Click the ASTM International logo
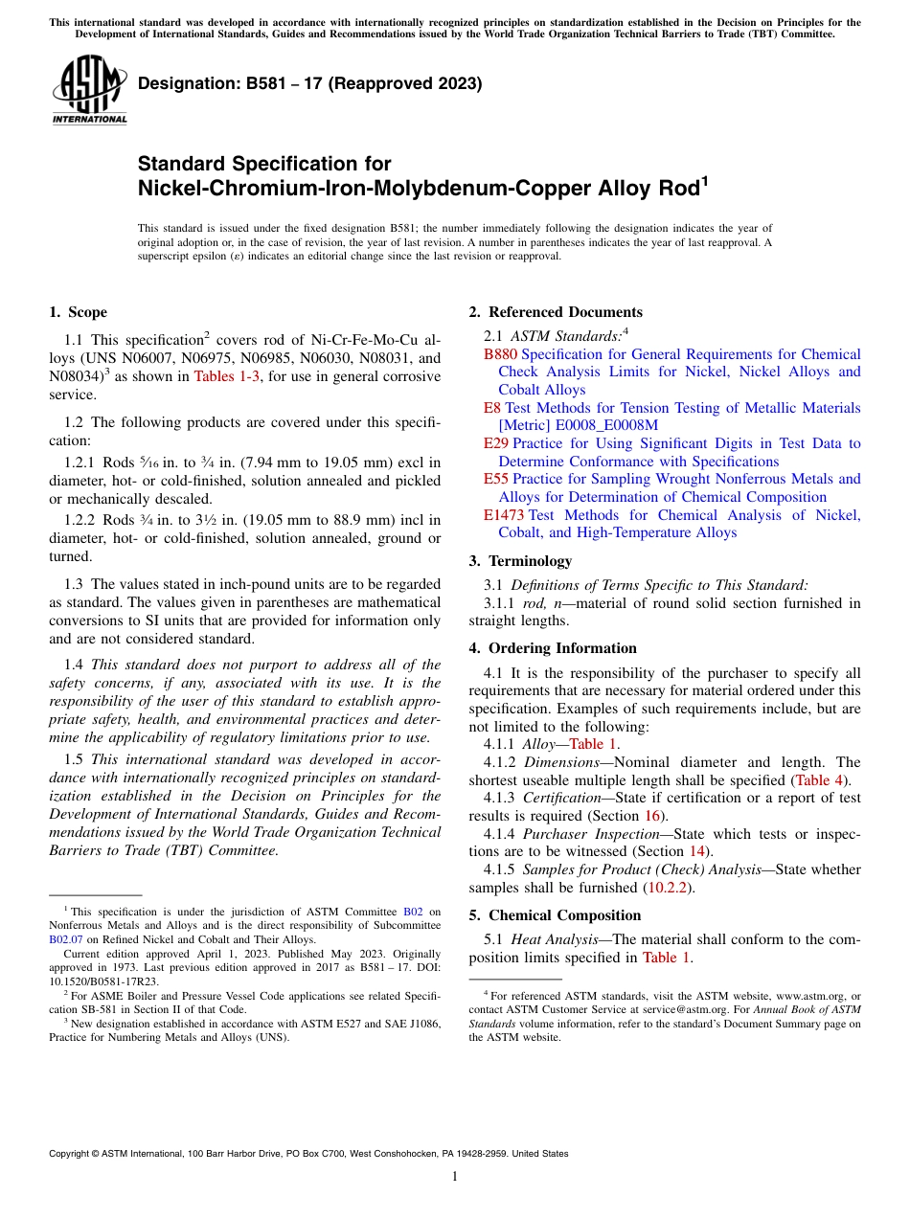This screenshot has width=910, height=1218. [89, 90]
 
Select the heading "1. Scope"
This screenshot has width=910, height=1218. [78, 312]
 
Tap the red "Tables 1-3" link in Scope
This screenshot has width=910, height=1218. [231, 376]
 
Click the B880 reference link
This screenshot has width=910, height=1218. [500, 354]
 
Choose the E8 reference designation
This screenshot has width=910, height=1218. [491, 408]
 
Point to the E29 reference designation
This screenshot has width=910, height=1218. [496, 443]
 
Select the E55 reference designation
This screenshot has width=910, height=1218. [496, 479]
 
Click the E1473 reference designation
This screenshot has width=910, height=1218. [504, 515]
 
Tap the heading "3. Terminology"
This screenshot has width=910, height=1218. [520, 561]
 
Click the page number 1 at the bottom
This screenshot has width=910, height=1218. [455, 1176]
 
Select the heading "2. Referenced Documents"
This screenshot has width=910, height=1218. [556, 312]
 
